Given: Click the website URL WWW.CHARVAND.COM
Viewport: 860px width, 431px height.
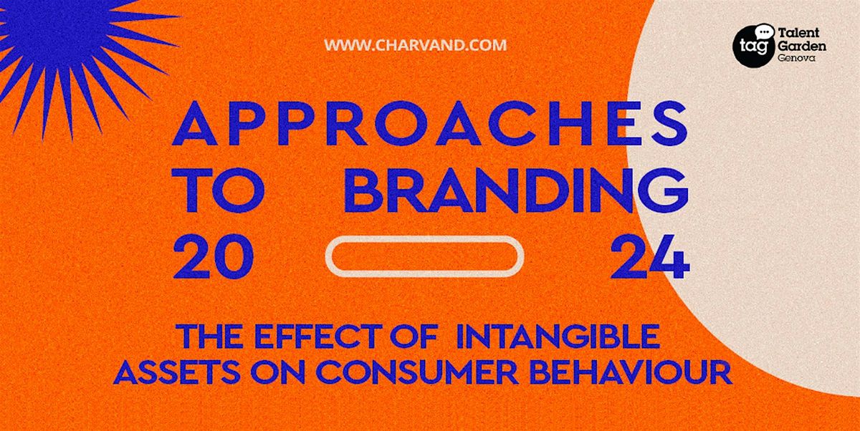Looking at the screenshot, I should pos(415,45).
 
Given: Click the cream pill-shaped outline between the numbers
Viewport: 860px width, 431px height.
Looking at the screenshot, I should pos(424,256).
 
